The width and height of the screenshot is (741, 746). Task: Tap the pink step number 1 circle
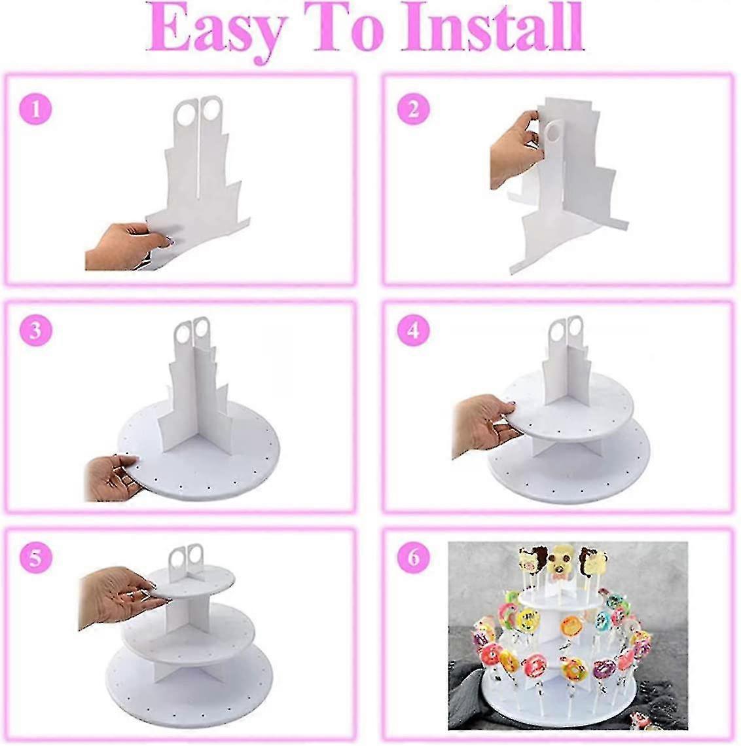point(35,108)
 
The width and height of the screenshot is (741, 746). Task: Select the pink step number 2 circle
point(413,109)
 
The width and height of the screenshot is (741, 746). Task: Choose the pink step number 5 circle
point(35,558)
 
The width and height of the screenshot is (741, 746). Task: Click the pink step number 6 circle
point(413,558)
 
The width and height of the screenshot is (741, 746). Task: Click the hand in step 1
point(121,246)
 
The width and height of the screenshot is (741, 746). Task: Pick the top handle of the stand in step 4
point(566,331)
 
